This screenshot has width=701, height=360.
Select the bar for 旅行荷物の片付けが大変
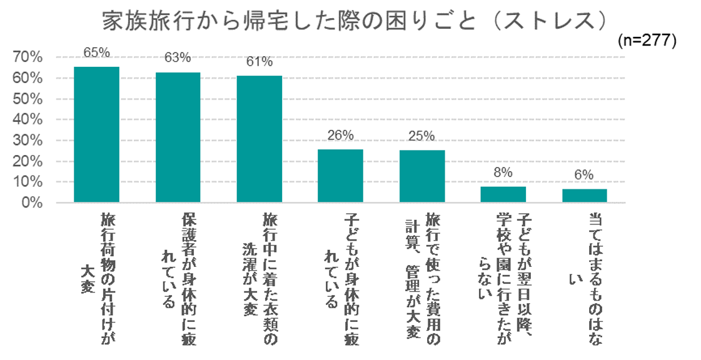96,134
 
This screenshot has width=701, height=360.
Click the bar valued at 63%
178,137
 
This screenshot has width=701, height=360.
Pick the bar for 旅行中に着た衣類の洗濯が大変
259,139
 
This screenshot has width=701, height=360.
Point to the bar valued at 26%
340,176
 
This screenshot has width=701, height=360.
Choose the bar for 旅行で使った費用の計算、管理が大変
421,176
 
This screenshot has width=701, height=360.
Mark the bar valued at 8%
503,194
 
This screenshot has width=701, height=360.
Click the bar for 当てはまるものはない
584,196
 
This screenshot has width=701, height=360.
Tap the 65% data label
96,52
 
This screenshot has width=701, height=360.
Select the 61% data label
259,61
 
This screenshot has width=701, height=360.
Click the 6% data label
584,176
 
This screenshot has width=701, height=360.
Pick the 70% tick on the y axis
28,57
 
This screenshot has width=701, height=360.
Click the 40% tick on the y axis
28,120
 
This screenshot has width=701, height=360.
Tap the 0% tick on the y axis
31,203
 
